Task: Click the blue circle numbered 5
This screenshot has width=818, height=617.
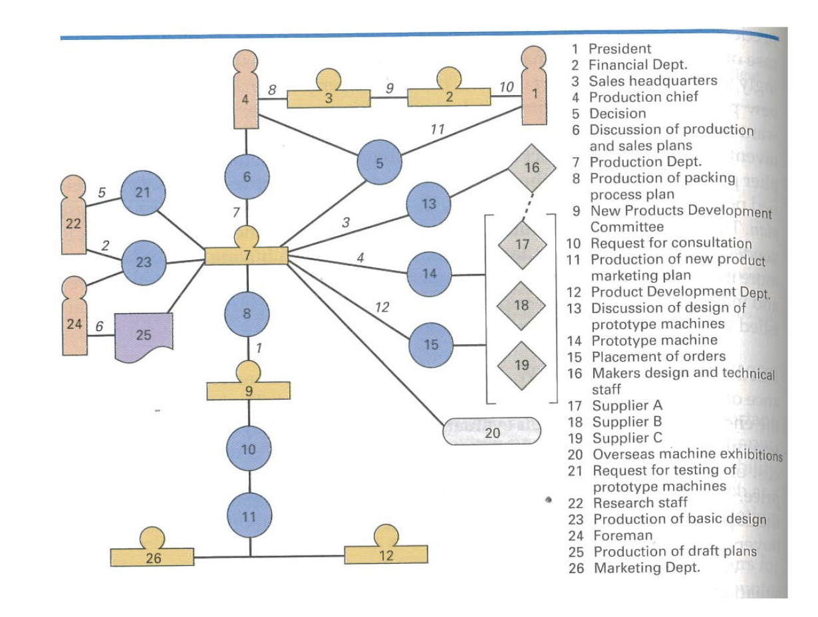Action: (x=380, y=162)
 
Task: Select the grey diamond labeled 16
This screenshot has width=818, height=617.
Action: (x=531, y=168)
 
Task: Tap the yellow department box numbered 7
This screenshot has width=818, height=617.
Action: (x=246, y=255)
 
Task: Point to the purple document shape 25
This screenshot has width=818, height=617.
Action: (x=144, y=336)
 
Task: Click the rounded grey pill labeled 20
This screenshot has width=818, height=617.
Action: (x=492, y=433)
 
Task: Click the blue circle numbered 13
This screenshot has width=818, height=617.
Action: (x=429, y=204)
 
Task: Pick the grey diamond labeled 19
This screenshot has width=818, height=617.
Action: (x=521, y=364)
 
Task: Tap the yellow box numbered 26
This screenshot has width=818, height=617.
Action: (x=152, y=556)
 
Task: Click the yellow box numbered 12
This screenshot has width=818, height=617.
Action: (x=386, y=555)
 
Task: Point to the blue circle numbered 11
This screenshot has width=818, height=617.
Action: (x=249, y=517)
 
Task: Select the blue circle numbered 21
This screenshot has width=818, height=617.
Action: (x=143, y=193)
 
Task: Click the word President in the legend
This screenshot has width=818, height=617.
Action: (x=620, y=49)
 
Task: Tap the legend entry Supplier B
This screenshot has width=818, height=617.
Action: (x=627, y=422)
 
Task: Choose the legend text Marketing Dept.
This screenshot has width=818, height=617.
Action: (x=646, y=568)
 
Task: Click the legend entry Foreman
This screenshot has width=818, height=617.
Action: (x=622, y=535)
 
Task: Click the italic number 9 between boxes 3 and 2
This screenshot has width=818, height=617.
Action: (x=390, y=86)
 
